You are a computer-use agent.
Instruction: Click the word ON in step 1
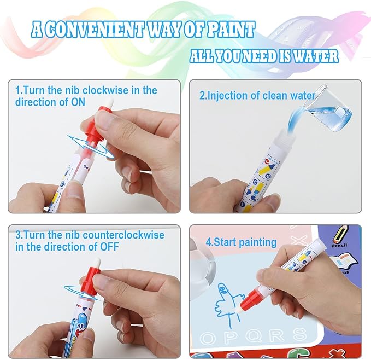coord(93,102)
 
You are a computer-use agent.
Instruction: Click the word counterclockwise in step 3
coord(126,235)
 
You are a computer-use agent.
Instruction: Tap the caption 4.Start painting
coord(241,242)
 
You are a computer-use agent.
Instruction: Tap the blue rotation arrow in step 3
coord(80,291)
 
